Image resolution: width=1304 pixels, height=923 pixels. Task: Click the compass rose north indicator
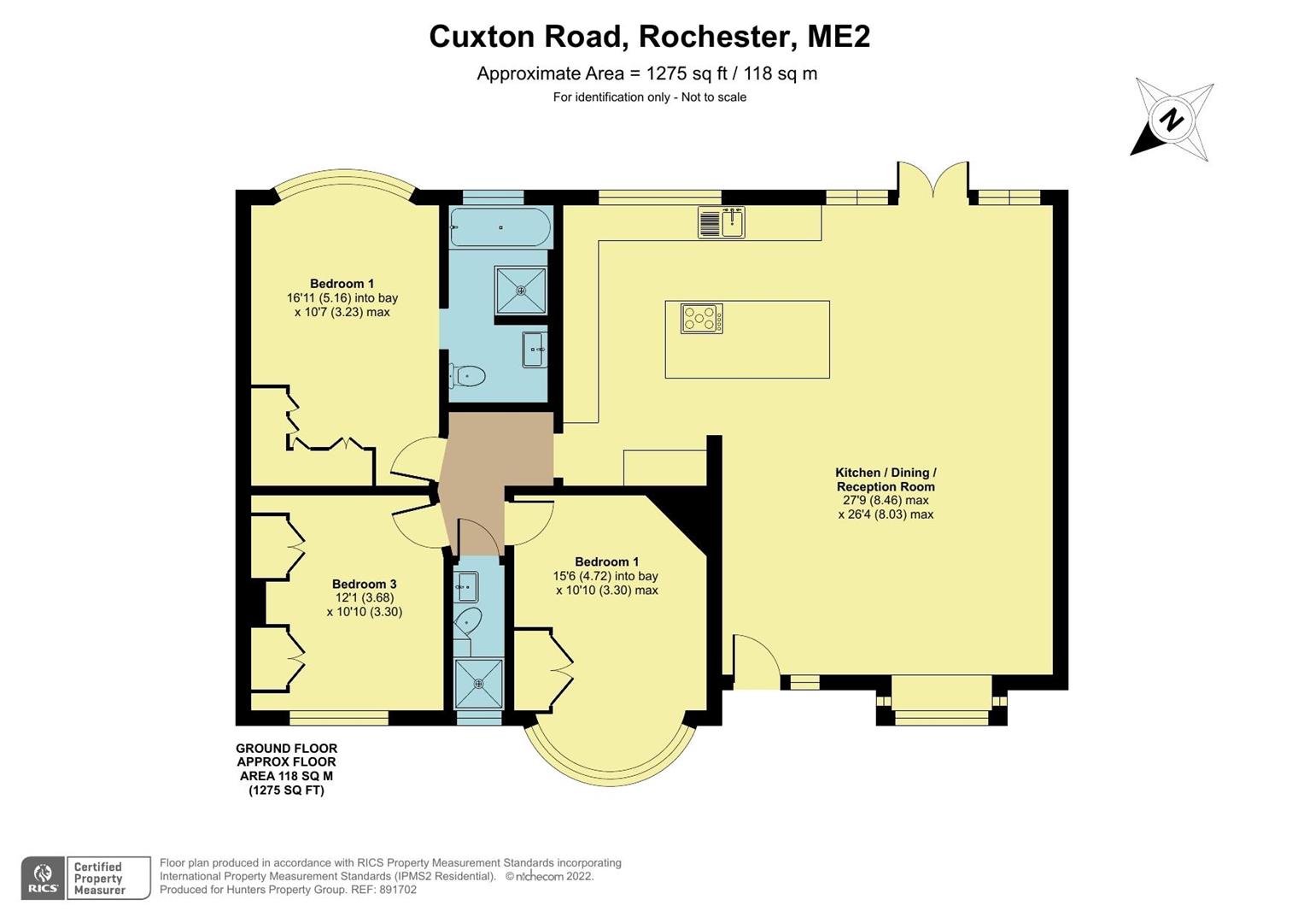(1172, 120)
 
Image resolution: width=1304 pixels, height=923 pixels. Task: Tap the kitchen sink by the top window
(722, 222)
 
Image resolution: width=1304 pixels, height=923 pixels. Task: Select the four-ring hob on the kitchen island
(701, 319)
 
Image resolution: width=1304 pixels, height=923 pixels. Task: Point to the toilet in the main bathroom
(467, 375)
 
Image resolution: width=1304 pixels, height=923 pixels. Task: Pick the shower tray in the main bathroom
(520, 291)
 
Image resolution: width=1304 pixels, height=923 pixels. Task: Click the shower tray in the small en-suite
(478, 683)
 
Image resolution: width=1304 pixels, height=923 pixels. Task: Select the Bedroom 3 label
(364, 585)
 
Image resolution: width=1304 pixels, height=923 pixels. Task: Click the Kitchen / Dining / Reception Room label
(886, 479)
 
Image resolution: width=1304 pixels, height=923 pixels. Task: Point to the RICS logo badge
(43, 878)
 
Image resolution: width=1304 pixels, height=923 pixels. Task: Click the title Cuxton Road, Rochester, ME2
(649, 37)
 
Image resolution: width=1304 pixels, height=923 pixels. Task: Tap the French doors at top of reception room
(933, 181)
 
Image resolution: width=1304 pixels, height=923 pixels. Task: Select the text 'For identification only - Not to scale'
(649, 97)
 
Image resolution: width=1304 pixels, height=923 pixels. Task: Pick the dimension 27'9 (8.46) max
(886, 501)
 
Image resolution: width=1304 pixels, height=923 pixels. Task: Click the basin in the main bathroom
(535, 349)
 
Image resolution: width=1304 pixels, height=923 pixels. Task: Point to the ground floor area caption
(286, 769)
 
